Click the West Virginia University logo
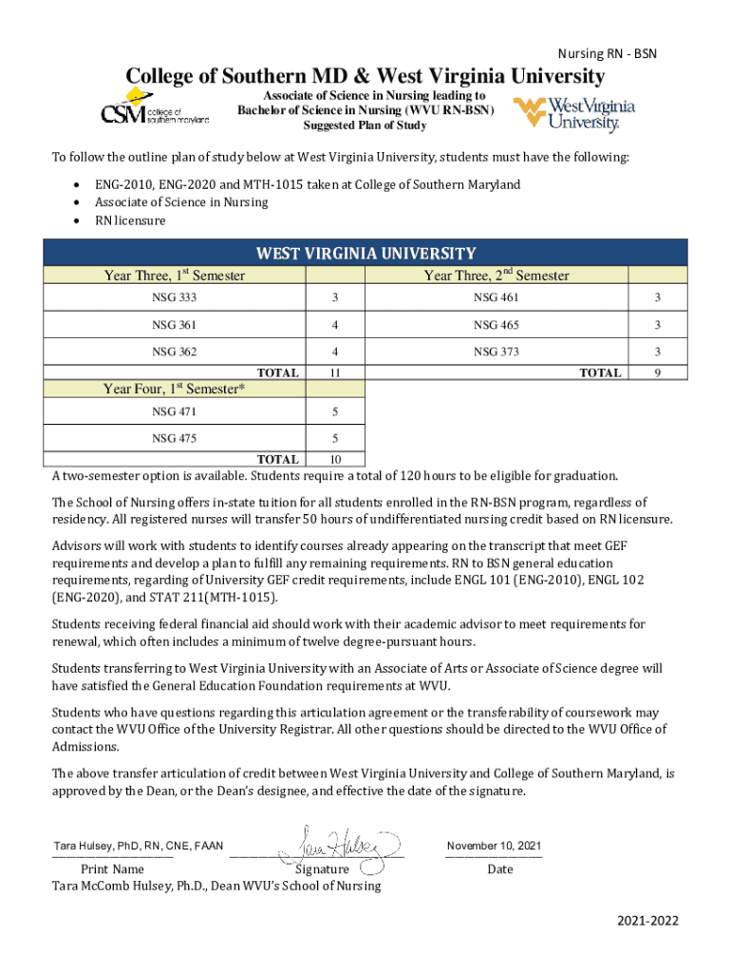[573, 113]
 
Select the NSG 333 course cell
[175, 298]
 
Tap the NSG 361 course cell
[175, 325]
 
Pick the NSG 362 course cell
[175, 352]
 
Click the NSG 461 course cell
[497, 298]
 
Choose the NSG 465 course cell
[497, 325]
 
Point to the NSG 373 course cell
[497, 352]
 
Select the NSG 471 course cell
[175, 412]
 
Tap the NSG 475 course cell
[175, 439]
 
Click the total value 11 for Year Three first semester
[335, 373]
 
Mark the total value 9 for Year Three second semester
[657, 373]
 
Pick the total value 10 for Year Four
[335, 460]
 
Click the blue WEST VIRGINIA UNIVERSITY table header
[365, 254]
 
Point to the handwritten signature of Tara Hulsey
[337, 845]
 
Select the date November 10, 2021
[494, 846]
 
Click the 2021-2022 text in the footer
[647, 922]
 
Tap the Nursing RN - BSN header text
[607, 54]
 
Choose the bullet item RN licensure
[130, 220]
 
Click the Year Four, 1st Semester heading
[175, 390]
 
